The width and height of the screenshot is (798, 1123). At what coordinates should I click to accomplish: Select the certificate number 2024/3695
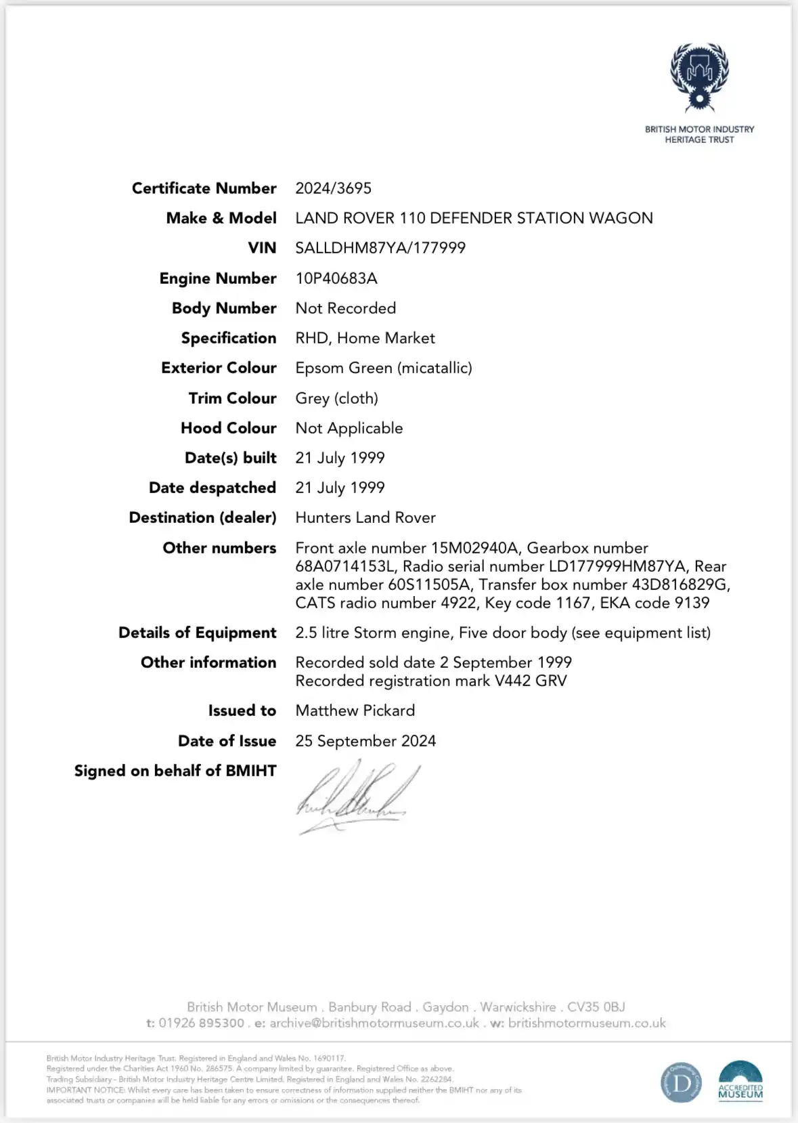click(x=333, y=188)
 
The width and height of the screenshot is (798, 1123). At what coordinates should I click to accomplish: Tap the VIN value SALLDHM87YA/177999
click(x=380, y=248)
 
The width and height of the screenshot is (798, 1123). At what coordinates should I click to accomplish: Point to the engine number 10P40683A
click(x=336, y=278)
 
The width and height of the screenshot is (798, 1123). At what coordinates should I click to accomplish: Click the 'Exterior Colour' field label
click(x=219, y=368)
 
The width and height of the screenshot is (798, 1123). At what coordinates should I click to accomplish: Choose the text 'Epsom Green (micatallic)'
click(x=384, y=368)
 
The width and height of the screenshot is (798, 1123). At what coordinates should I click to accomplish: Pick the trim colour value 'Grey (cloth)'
click(x=336, y=398)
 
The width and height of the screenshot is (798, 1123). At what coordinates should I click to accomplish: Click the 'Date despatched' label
click(x=213, y=488)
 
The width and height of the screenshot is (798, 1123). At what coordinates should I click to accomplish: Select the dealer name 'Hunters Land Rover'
click(x=365, y=517)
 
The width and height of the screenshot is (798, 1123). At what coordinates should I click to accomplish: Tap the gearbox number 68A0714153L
click(x=345, y=566)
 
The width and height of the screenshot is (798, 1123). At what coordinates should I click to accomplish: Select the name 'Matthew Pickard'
click(x=355, y=711)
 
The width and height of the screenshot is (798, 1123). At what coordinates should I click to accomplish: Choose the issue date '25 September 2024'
click(x=365, y=741)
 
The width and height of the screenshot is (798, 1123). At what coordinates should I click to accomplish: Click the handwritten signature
click(x=355, y=796)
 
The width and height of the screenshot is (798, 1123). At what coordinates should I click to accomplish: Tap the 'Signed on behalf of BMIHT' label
click(x=175, y=771)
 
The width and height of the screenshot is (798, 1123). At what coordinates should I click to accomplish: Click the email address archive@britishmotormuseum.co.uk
click(x=374, y=1023)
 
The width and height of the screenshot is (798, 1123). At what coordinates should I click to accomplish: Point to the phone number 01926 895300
click(x=201, y=1023)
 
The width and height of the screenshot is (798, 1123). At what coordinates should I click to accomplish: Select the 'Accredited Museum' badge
click(x=740, y=1082)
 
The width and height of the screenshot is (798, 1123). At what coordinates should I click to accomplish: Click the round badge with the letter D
click(x=681, y=1082)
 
